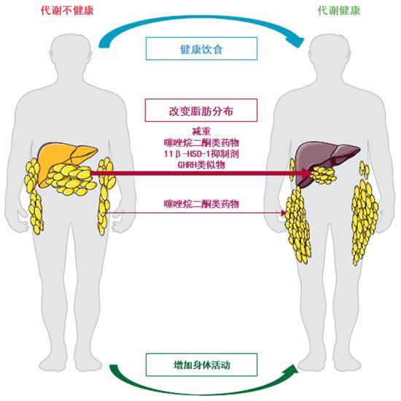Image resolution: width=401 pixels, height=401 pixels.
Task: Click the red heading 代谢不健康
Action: point(67,11)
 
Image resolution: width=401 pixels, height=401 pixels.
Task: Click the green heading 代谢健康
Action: point(339,11)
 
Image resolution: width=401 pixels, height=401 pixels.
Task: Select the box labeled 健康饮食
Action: point(201,49)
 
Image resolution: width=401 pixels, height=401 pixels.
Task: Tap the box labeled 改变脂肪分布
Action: point(201,110)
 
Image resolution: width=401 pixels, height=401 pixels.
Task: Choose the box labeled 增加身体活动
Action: point(201,365)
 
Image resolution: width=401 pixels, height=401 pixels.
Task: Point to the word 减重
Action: point(201,131)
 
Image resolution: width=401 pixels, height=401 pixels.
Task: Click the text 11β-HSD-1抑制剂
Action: point(201,154)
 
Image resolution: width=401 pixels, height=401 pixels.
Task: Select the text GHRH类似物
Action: point(201,165)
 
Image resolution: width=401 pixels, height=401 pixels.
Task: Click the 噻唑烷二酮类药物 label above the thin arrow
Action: point(201,204)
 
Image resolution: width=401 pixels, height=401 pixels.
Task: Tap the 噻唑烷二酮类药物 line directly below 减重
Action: point(201,142)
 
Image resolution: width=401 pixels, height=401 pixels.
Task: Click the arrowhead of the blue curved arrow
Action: point(297,42)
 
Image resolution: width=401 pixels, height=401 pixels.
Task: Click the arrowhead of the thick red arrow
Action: point(306,174)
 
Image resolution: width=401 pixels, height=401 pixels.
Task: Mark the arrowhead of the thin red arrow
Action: point(283,213)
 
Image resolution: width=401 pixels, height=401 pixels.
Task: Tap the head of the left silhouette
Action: point(70,52)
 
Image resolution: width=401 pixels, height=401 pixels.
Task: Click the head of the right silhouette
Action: point(330,52)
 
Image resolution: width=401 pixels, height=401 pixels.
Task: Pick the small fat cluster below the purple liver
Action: point(324,175)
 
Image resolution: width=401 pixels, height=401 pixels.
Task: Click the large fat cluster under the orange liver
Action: point(71,179)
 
